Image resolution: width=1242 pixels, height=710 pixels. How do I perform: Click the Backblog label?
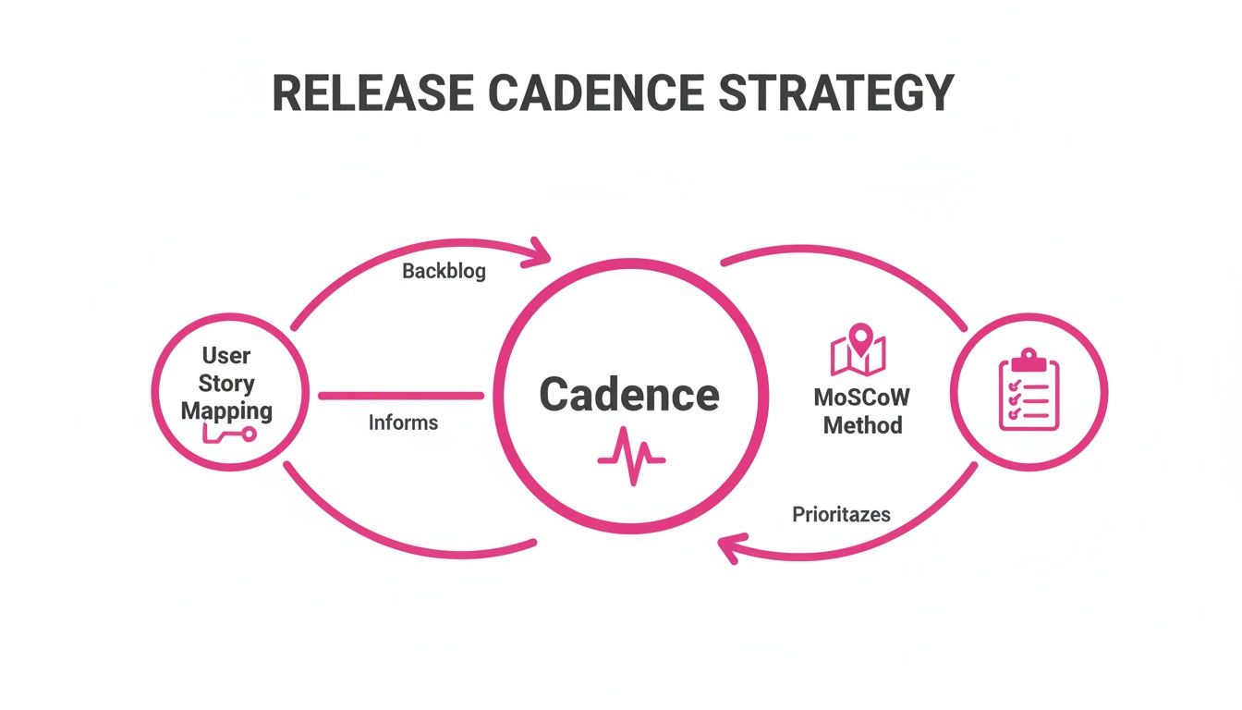coord(444,272)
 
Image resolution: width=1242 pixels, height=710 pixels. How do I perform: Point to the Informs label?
coord(403,423)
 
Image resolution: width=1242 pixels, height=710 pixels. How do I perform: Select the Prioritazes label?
coord(841,514)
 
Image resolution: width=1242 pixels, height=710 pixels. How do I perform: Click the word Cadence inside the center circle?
coord(628,396)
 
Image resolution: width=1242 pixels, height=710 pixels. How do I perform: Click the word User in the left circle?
coord(226,356)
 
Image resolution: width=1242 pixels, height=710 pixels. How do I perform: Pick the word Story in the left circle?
coord(226,383)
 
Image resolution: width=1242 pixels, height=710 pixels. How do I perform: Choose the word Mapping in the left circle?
coord(226,410)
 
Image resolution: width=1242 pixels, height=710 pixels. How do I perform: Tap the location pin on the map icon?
coord(860,337)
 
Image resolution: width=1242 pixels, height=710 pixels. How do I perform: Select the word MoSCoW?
coord(861,398)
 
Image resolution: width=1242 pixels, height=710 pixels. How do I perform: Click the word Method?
coord(861,425)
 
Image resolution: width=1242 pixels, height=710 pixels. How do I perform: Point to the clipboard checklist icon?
coord(1029,393)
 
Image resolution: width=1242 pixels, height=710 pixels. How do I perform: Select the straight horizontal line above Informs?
coord(400,396)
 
